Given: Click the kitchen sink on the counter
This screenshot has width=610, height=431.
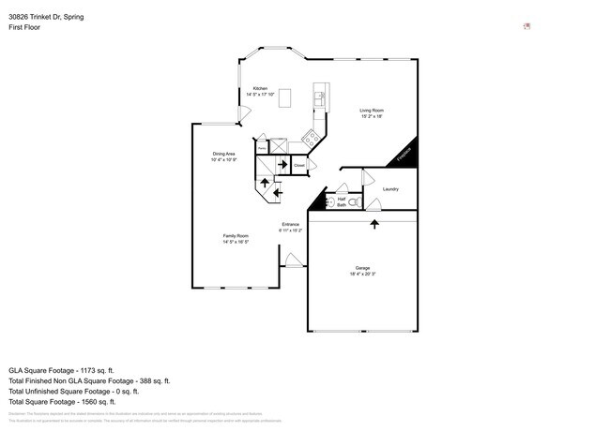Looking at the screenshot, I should tap(319, 95).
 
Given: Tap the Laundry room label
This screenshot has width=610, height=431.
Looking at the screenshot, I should tap(390, 189).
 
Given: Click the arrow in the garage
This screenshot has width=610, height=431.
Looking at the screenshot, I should tap(374, 224).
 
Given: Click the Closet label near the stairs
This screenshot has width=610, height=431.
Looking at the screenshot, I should tap(299, 165).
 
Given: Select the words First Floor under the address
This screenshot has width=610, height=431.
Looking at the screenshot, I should tap(25, 27).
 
